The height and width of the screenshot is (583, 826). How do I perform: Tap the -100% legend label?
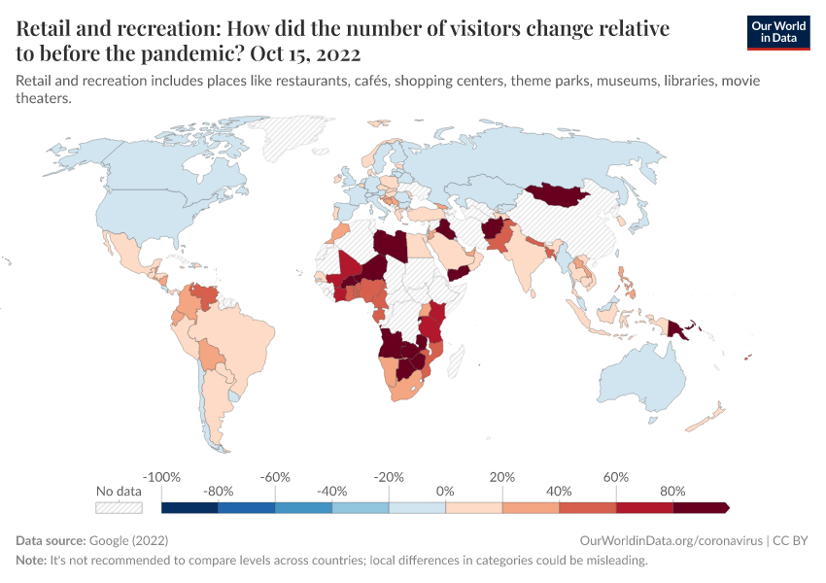[161, 477]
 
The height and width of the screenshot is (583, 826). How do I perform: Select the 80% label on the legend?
[672, 492]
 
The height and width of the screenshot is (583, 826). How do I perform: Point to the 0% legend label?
[445, 492]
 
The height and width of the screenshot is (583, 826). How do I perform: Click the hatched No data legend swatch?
[119, 507]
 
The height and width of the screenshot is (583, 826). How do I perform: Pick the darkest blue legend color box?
[189, 507]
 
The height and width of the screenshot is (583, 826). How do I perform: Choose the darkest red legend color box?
[701, 507]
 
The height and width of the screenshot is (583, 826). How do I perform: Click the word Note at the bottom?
[31, 561]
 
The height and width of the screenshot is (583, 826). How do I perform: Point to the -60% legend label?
[276, 477]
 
